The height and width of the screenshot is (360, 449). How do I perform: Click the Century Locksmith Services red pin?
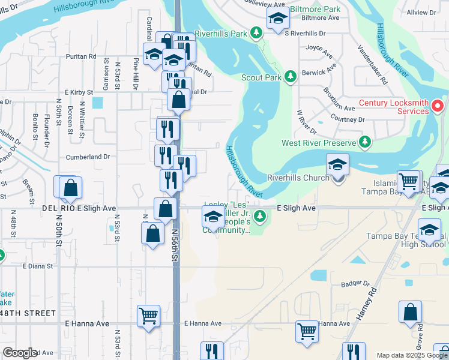point(438,108)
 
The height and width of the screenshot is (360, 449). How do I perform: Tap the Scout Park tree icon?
point(291,77)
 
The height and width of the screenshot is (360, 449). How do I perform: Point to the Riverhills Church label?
point(298,178)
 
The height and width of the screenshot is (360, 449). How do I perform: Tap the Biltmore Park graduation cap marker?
point(278,20)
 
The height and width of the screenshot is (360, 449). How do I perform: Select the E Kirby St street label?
point(75,92)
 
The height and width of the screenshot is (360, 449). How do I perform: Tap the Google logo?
point(20,353)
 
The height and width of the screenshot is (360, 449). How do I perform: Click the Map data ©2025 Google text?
point(411,355)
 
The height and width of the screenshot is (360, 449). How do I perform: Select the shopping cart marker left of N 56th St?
point(148,316)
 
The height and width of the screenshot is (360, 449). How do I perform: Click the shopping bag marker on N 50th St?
point(70,188)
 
